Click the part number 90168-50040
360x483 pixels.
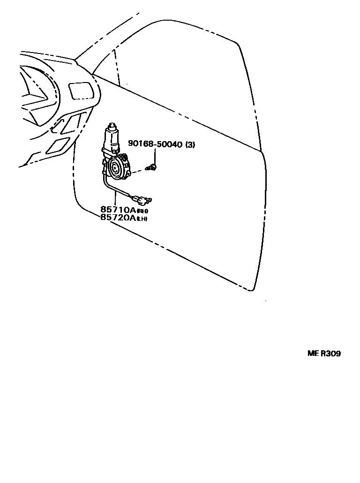pos(154,145)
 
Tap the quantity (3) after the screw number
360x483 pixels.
pos(190,145)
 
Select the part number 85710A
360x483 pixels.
pos(118,210)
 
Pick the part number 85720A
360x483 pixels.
pos(118,218)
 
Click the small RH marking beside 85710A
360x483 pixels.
pos(142,211)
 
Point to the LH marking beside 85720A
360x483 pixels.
pos(142,219)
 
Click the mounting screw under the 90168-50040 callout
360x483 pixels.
pos(151,167)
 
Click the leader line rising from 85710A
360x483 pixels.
pos(114,199)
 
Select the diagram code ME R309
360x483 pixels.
pos(324,353)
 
